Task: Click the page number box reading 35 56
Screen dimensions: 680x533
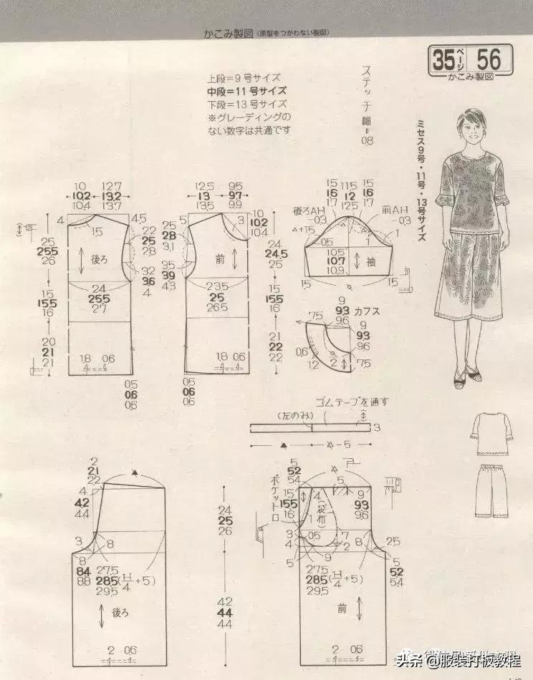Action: click(x=471, y=59)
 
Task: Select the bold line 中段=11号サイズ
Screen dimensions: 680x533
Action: click(x=247, y=91)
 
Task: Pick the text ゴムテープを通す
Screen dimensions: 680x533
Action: click(x=352, y=402)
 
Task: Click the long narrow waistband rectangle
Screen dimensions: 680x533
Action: click(x=310, y=427)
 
